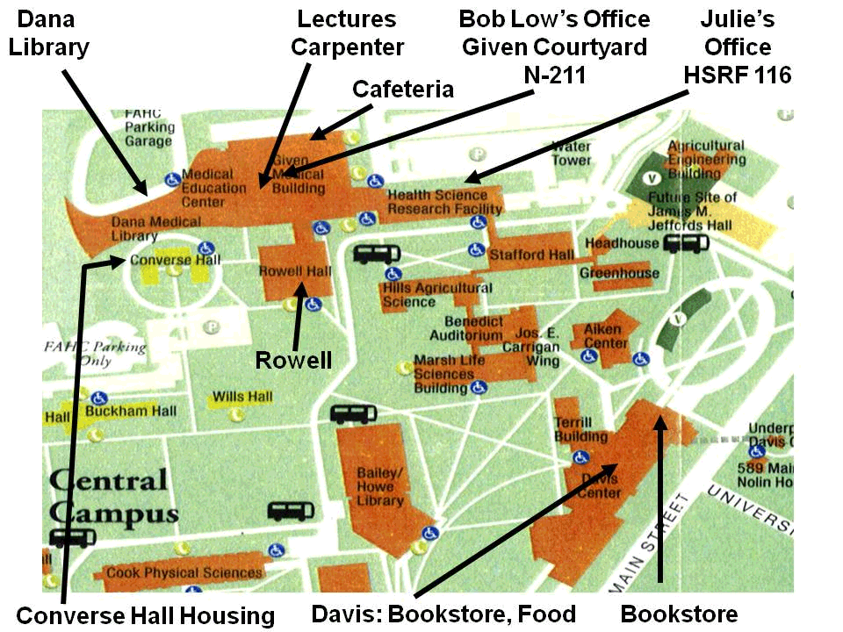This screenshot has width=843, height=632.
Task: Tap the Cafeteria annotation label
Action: [x=402, y=89]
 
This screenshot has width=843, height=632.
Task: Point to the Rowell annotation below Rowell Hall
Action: [x=293, y=360]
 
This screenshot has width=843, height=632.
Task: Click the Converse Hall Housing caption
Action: [x=145, y=615]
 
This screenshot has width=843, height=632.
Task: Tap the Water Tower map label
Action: [x=571, y=154]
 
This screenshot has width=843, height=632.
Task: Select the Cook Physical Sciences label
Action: [x=184, y=572]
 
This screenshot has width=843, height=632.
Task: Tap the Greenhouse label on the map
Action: [x=619, y=273]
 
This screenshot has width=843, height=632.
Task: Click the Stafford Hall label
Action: [x=531, y=255]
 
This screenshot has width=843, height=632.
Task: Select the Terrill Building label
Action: [x=580, y=429]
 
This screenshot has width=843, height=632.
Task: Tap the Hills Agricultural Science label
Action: [x=436, y=295]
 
